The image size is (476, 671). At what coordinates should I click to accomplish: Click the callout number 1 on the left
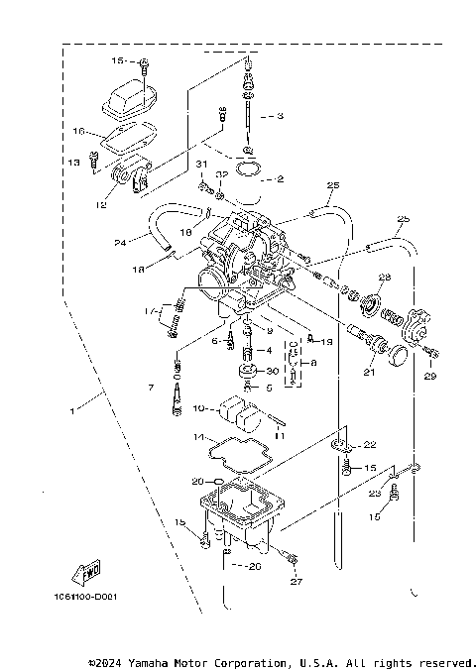72,408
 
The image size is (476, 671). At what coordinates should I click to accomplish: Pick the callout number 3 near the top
280,116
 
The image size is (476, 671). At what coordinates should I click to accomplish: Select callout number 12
100,205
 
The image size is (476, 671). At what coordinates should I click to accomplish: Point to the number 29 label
431,378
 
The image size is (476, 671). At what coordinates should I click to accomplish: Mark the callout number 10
197,407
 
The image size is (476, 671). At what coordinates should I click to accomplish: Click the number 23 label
375,493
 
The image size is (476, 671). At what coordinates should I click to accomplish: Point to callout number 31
200,164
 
